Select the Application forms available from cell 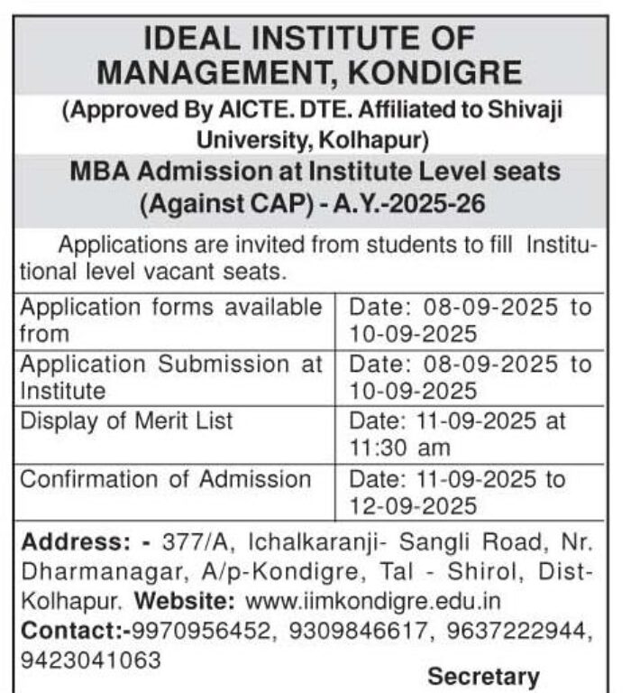[x=170, y=319]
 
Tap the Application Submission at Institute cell [x=170, y=377]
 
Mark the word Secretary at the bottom [x=483, y=676]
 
